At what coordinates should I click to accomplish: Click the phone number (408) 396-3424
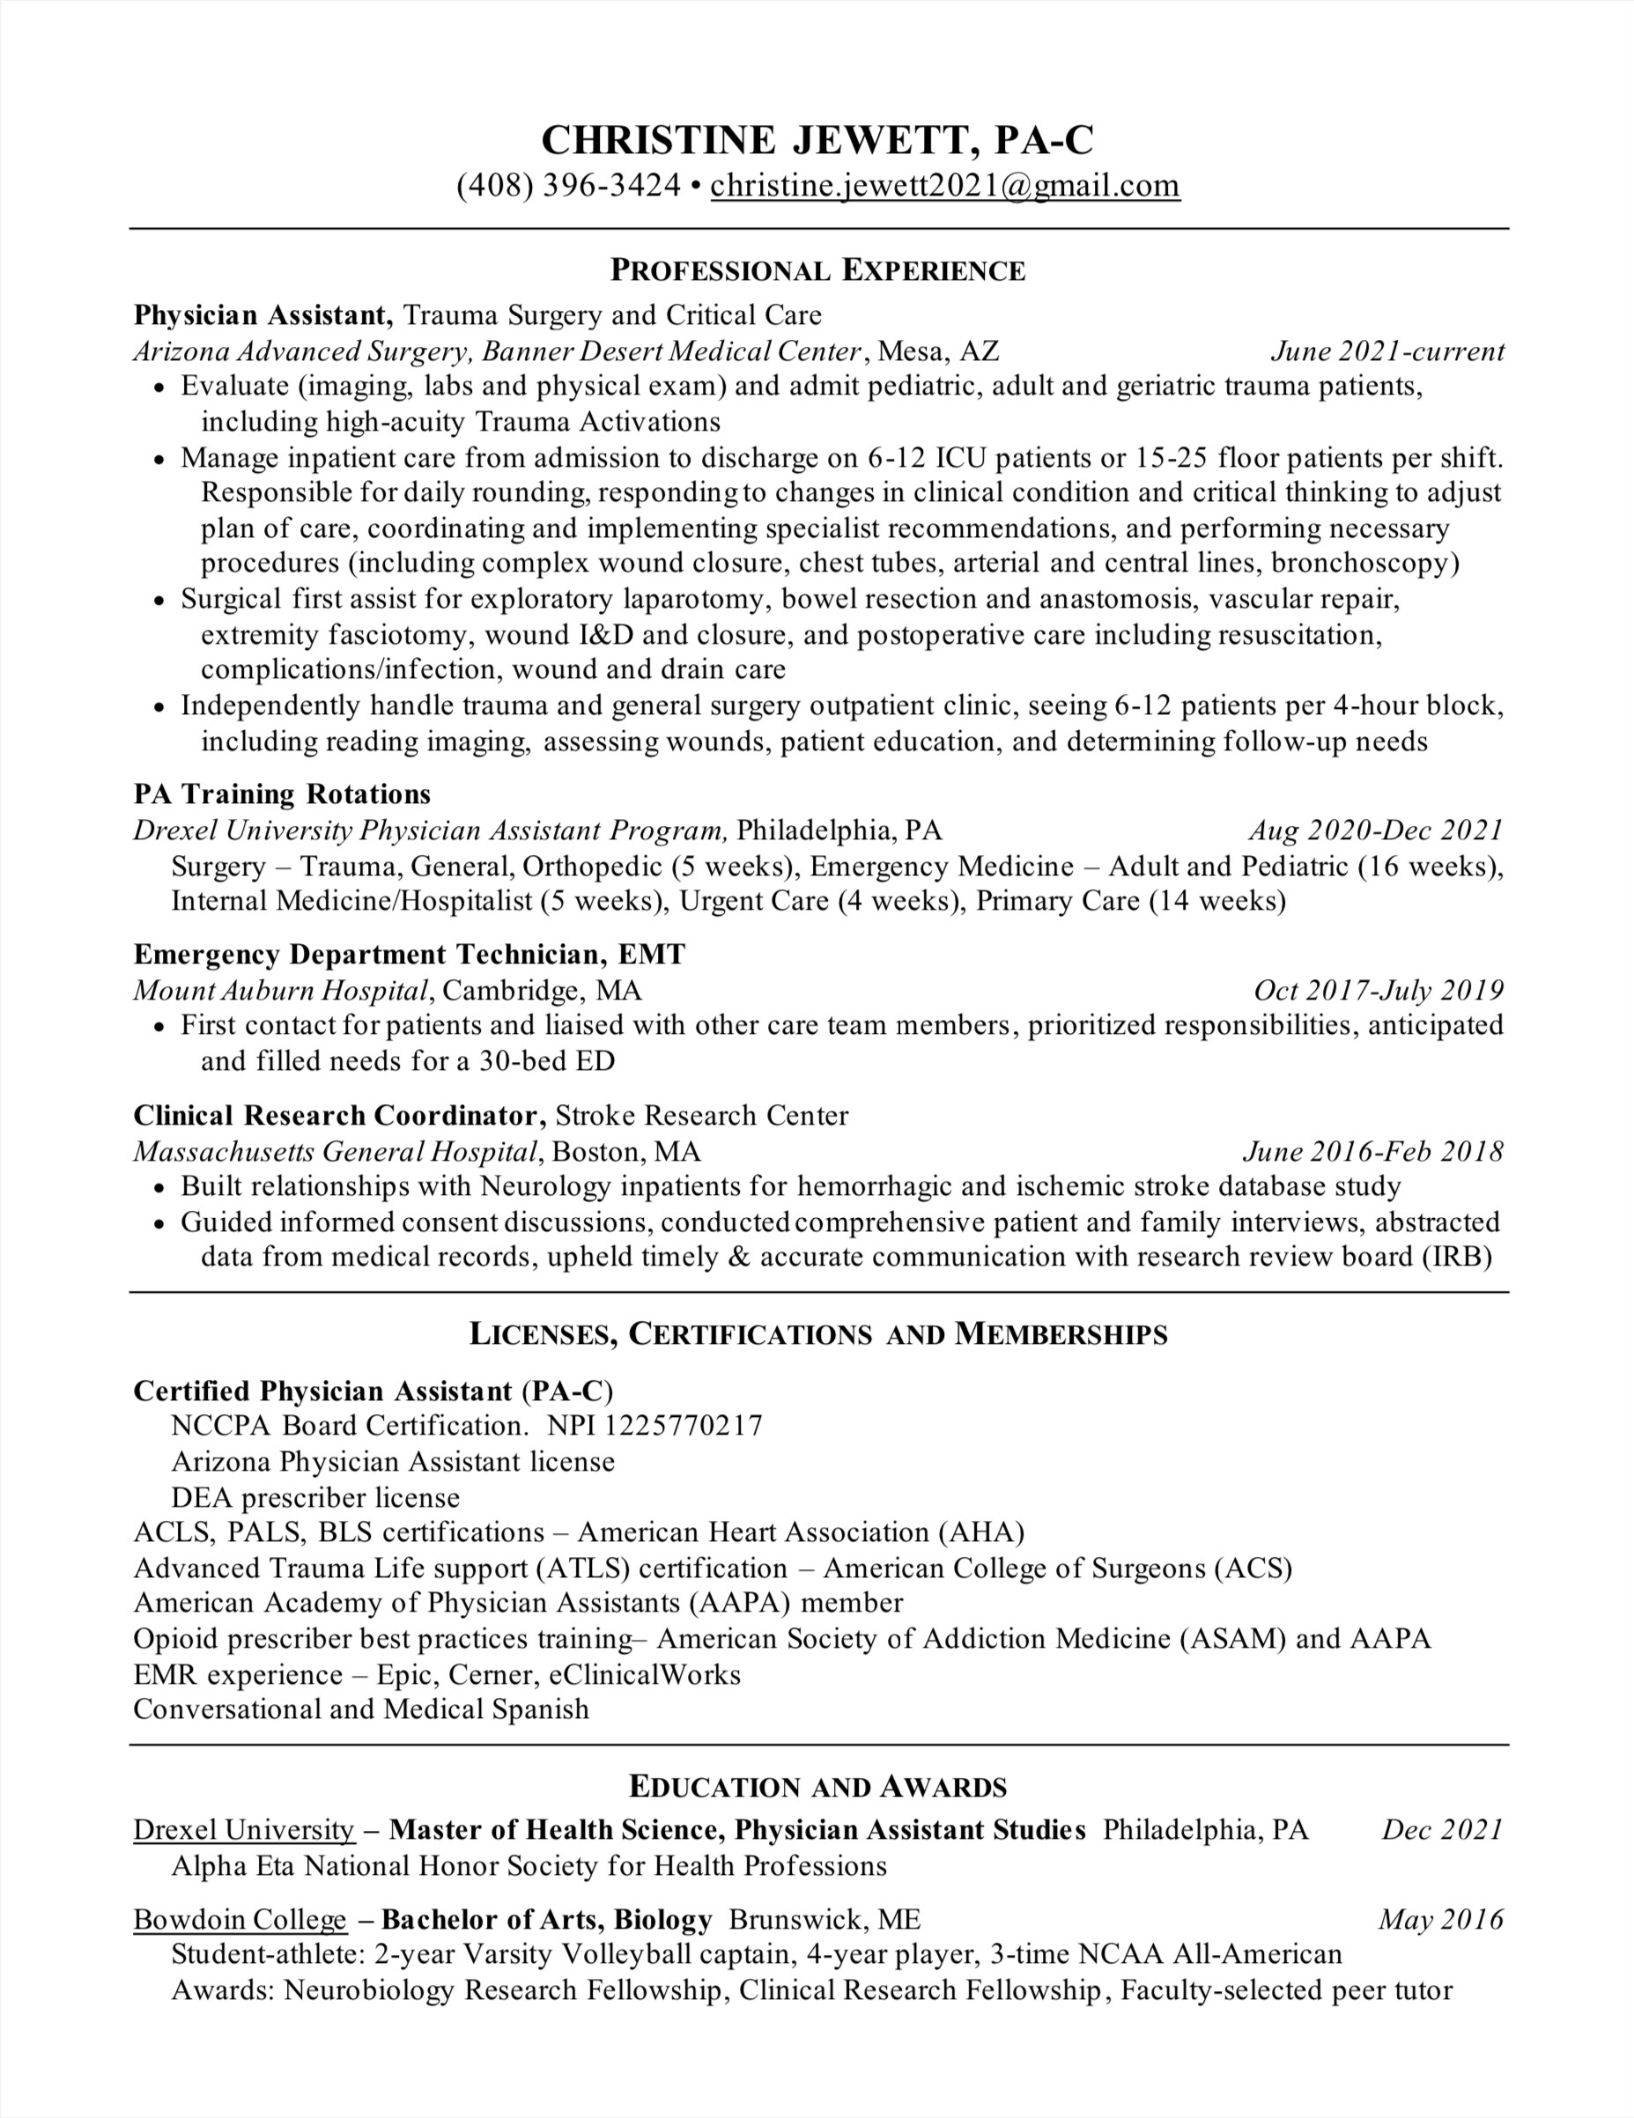(x=568, y=185)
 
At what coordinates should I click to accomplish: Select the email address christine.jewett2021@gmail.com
(x=944, y=185)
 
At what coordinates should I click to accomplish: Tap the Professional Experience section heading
(x=817, y=270)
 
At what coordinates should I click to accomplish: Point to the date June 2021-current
(x=1386, y=351)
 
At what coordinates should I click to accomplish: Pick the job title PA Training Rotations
(x=282, y=794)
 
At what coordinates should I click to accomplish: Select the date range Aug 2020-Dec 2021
(x=1375, y=830)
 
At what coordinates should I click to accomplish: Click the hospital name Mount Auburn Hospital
(x=281, y=990)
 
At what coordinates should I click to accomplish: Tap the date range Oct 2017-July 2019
(x=1378, y=990)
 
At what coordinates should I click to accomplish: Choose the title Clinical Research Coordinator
(x=336, y=1115)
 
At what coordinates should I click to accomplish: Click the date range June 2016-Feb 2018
(x=1372, y=1151)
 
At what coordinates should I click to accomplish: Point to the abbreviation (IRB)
(x=1457, y=1257)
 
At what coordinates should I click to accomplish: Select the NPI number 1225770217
(x=683, y=1426)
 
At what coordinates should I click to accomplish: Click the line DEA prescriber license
(x=315, y=1497)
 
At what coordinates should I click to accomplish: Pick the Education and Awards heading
(x=817, y=1786)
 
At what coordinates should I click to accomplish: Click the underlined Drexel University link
(x=244, y=1830)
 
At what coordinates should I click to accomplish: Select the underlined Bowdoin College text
(x=240, y=1920)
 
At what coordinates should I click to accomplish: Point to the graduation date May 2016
(x=1440, y=1920)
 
